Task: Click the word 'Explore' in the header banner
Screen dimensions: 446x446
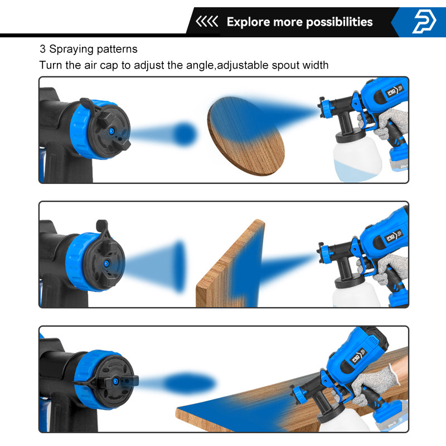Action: [248, 22]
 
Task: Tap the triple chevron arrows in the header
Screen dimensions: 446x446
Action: [207, 22]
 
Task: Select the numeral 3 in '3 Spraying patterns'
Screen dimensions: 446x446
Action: [42, 50]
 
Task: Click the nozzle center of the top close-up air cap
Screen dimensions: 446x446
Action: [111, 130]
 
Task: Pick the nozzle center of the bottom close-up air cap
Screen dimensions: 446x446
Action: [117, 381]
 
